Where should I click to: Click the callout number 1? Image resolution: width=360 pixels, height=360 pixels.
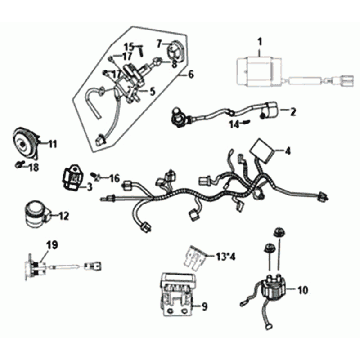click(x=260, y=42)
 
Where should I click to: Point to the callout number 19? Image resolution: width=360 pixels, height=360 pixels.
click(x=52, y=246)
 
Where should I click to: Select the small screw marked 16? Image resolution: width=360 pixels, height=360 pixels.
click(x=96, y=176)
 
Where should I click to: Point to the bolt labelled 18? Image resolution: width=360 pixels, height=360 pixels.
click(x=21, y=163)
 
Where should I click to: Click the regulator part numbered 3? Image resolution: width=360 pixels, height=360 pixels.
click(x=72, y=179)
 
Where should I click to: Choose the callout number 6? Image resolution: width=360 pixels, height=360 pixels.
click(x=190, y=74)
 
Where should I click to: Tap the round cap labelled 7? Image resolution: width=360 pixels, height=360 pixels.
click(x=174, y=51)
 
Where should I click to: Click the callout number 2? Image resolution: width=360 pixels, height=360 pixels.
click(x=292, y=112)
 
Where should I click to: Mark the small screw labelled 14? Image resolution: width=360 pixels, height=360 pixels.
click(x=245, y=123)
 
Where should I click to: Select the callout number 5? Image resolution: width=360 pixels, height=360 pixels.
click(x=152, y=91)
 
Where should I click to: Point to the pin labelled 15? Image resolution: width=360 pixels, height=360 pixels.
click(x=141, y=51)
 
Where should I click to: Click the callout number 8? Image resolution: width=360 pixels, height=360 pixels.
click(x=174, y=65)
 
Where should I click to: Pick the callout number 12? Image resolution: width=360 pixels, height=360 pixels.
click(x=63, y=216)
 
